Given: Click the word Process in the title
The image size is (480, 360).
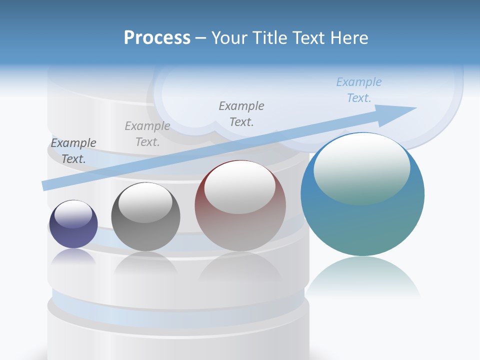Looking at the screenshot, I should point(157,38).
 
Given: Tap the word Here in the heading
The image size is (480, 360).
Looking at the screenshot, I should point(348,38).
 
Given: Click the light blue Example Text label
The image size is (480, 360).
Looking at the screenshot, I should point(359,90).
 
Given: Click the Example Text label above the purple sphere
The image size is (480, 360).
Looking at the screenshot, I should point(73,151).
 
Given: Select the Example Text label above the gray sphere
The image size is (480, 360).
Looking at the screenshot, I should point(147,134).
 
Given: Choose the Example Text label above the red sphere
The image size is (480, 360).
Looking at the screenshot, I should point(241,113).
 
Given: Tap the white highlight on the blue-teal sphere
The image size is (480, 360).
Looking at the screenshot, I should point(361,168).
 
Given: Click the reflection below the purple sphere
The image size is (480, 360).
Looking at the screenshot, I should point(73,256).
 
